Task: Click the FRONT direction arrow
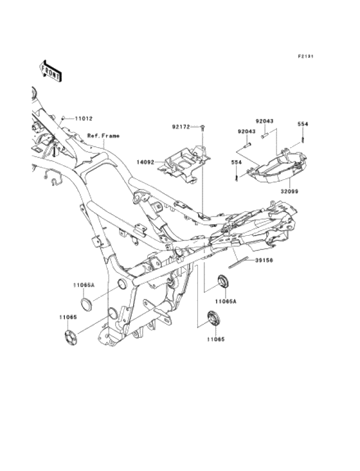click(x=51, y=71)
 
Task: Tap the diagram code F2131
click(x=305, y=56)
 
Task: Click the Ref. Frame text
click(x=103, y=136)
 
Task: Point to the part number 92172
click(x=181, y=127)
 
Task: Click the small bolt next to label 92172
click(x=203, y=128)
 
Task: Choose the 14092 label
click(x=145, y=162)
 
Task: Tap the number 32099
click(x=289, y=191)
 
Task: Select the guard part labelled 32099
click(x=276, y=166)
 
